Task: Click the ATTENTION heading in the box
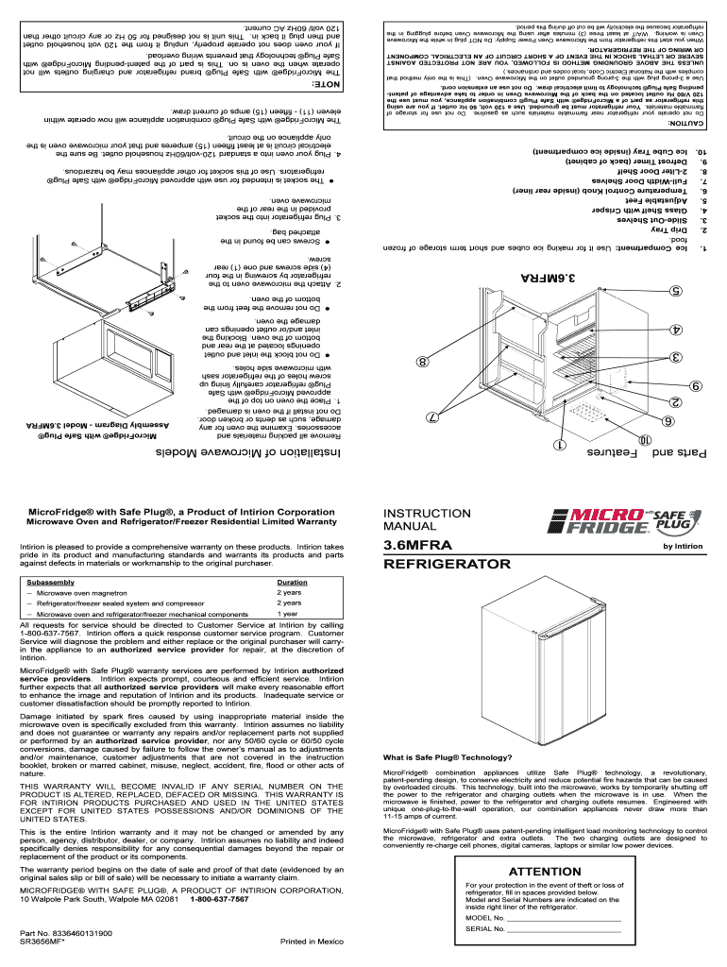(544, 871)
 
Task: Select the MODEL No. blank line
(565, 917)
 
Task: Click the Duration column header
(292, 583)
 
